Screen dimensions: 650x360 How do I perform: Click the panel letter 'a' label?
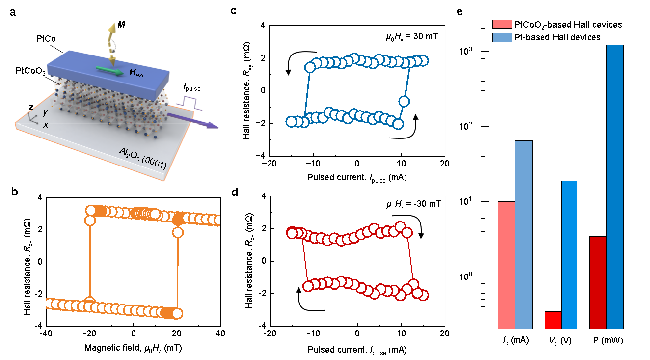pyautogui.click(x=12, y=13)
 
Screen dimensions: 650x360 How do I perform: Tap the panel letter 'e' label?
pyautogui.click(x=460, y=12)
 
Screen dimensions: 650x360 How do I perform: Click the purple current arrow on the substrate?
pyautogui.click(x=192, y=121)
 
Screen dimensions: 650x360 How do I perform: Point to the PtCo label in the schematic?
pyautogui.click(x=46, y=39)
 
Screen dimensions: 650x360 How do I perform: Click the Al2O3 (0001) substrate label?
pyautogui.click(x=143, y=159)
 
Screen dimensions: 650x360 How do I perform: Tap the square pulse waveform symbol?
pyautogui.click(x=189, y=104)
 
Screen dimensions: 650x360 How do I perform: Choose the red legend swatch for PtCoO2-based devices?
pyautogui.click(x=502, y=25)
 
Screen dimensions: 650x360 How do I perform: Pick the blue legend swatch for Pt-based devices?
pyautogui.click(x=502, y=37)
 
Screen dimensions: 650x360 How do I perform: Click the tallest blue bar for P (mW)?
pyautogui.click(x=615, y=187)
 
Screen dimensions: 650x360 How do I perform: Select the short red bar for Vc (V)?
pyautogui.click(x=553, y=320)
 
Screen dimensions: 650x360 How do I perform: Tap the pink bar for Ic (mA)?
pyautogui.click(x=507, y=265)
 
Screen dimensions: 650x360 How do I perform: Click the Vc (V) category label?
pyautogui.click(x=560, y=340)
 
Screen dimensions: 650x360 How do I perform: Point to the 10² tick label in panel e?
pyautogui.click(x=466, y=126)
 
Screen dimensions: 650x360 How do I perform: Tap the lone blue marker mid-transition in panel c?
pyautogui.click(x=404, y=101)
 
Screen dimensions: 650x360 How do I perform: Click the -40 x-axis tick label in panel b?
pyautogui.click(x=46, y=333)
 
